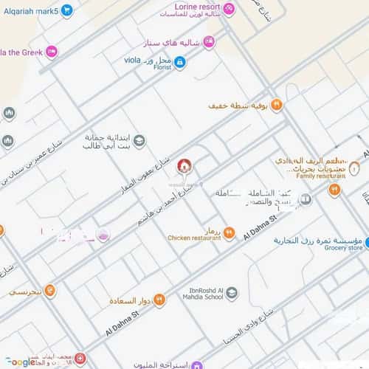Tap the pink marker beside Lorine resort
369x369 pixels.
(x=229, y=9)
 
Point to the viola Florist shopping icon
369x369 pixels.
(x=180, y=62)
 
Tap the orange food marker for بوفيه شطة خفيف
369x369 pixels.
(x=277, y=106)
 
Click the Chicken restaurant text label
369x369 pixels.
(x=194, y=238)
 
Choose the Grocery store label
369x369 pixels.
(x=344, y=248)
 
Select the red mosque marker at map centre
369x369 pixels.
(x=183, y=165)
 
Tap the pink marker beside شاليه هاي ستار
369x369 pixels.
(x=209, y=41)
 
